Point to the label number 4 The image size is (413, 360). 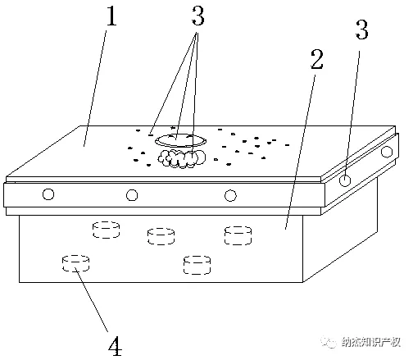click(x=116, y=345)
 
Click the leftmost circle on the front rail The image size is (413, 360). click(x=49, y=194)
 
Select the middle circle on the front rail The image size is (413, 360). click(x=131, y=194)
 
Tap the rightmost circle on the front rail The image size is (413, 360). click(x=231, y=194)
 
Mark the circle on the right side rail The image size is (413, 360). click(x=347, y=180)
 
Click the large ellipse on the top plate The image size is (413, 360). click(x=176, y=140)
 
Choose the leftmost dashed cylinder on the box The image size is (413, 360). click(x=75, y=263)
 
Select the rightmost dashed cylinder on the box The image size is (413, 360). click(x=238, y=235)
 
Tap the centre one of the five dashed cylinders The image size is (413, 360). click(x=161, y=236)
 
